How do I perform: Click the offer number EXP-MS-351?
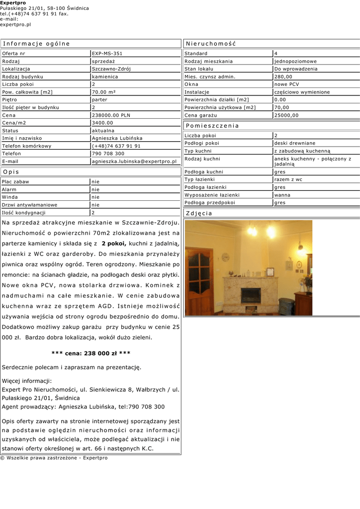point(107,53)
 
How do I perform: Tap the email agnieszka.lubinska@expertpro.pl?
point(134,162)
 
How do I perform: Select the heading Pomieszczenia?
point(212,126)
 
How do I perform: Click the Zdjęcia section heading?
point(199,213)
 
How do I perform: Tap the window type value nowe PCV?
point(287,85)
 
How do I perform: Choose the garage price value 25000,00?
point(286,115)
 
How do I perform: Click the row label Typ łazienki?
point(199,179)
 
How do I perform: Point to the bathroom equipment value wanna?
point(282,195)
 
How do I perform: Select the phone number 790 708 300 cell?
point(108,154)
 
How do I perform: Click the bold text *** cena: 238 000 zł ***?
point(91,353)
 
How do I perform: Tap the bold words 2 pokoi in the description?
point(114,244)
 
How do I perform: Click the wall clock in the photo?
point(226,257)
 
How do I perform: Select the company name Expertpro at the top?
point(13,3)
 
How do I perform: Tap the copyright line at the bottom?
point(54,458)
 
